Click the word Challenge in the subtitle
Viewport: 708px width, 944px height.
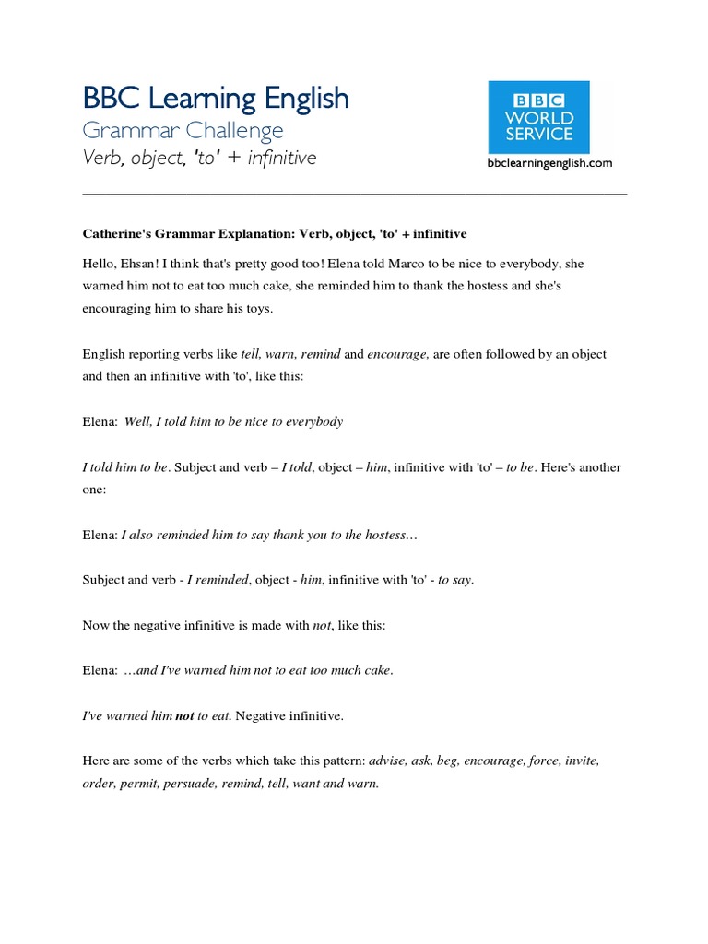point(238,131)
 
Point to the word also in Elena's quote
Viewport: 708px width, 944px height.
point(146,535)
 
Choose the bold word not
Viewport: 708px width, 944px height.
point(184,715)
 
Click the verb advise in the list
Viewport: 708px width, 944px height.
point(387,761)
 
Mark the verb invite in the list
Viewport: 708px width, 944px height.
point(582,761)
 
